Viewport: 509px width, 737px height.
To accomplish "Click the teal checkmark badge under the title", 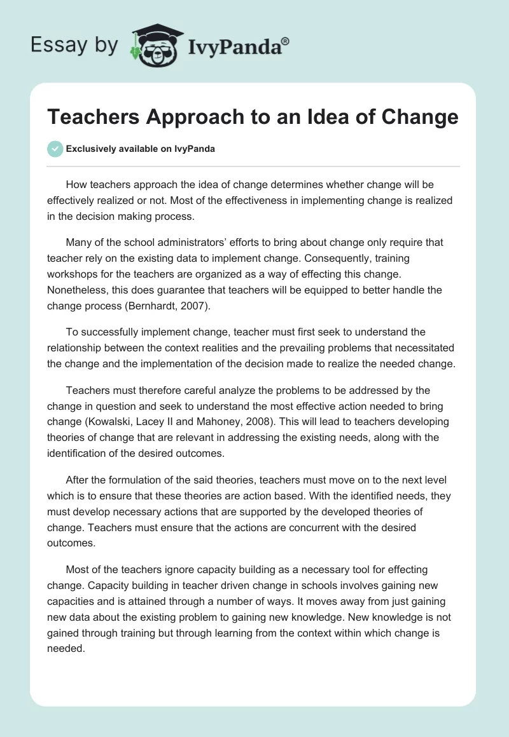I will point(55,149).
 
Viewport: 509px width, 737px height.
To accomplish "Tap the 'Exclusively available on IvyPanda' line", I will point(141,149).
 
